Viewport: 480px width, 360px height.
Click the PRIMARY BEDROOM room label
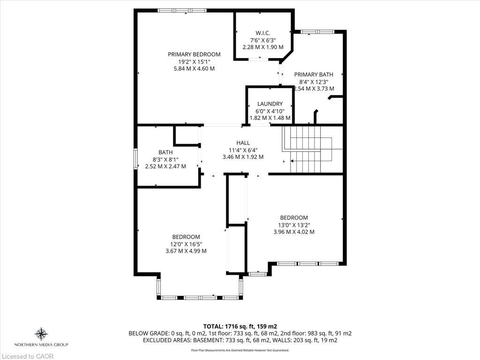click(x=194, y=54)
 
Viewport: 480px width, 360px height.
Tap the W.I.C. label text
click(x=262, y=32)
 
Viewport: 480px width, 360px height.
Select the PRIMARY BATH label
click(x=314, y=74)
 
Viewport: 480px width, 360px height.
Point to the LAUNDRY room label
click(x=270, y=104)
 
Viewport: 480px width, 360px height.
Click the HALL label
click(x=243, y=142)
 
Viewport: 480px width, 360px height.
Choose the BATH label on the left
click(x=165, y=152)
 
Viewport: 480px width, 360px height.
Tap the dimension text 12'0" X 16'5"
click(x=186, y=244)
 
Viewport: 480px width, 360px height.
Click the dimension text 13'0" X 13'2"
click(x=294, y=225)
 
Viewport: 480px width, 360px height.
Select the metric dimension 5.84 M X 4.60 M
click(x=194, y=68)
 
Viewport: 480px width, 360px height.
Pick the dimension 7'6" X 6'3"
click(x=262, y=40)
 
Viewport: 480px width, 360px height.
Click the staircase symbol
click(x=307, y=150)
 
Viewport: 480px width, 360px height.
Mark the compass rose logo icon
click(x=42, y=334)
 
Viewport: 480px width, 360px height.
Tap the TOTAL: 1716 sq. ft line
click(x=240, y=326)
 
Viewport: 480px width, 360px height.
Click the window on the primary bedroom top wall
click(x=181, y=10)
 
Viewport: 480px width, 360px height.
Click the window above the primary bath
click(x=317, y=32)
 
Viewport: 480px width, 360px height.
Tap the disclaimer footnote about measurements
click(x=240, y=350)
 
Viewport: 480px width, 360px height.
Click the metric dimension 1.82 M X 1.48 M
click(x=270, y=118)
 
